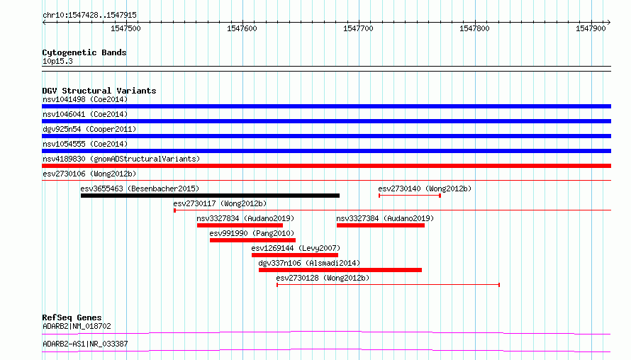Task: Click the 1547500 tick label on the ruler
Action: click(125, 28)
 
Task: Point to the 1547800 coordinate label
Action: click(474, 28)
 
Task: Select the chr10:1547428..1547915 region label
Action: click(90, 15)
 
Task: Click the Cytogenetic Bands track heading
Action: click(84, 52)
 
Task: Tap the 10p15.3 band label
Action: click(57, 61)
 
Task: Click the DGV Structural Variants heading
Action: click(99, 91)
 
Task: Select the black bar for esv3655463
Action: click(210, 196)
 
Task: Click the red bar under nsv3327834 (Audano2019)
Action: click(240, 225)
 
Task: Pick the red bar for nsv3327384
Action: click(381, 225)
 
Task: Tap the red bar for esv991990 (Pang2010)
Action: click(252, 240)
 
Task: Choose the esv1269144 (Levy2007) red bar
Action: click(295, 255)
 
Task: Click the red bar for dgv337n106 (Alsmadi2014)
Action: click(340, 270)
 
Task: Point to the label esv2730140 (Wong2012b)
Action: click(425, 189)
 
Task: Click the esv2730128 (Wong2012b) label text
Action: click(323, 278)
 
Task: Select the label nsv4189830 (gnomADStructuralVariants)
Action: click(121, 159)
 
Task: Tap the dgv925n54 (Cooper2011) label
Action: click(89, 129)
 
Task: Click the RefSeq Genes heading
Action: click(72, 317)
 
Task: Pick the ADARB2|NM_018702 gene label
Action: click(77, 326)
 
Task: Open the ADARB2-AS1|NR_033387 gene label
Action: click(85, 344)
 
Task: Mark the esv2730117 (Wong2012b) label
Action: click(220, 203)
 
